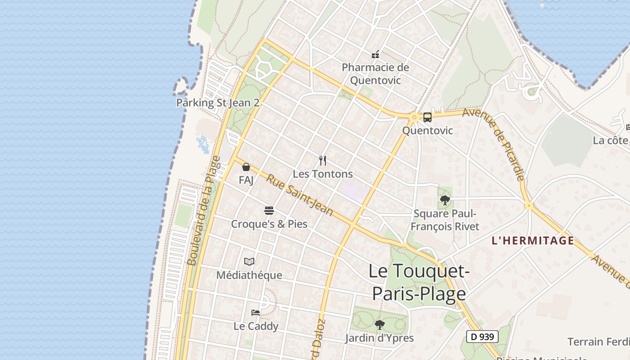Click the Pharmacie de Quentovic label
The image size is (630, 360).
[375, 74]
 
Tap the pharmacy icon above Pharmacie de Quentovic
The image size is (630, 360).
[375, 54]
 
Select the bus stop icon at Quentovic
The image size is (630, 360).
[427, 117]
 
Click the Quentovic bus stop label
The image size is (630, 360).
[427, 131]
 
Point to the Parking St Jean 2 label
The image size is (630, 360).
[217, 103]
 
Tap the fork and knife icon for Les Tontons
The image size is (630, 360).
[323, 161]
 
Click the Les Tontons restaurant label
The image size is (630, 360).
[323, 174]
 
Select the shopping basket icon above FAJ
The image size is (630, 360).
[246, 167]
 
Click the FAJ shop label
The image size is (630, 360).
[246, 180]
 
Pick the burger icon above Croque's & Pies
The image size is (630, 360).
[269, 211]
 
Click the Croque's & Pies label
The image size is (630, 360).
[269, 224]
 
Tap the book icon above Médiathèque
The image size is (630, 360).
[249, 261]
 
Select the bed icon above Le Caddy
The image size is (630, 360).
[256, 312]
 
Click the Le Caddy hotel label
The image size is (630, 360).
[256, 326]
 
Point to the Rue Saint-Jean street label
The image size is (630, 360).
[299, 195]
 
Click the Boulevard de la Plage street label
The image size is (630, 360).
[203, 211]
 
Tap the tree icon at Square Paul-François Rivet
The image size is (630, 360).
[445, 200]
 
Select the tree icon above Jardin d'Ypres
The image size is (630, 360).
[379, 324]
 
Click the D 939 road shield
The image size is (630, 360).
[482, 336]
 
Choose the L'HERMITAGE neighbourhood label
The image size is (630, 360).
[533, 241]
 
